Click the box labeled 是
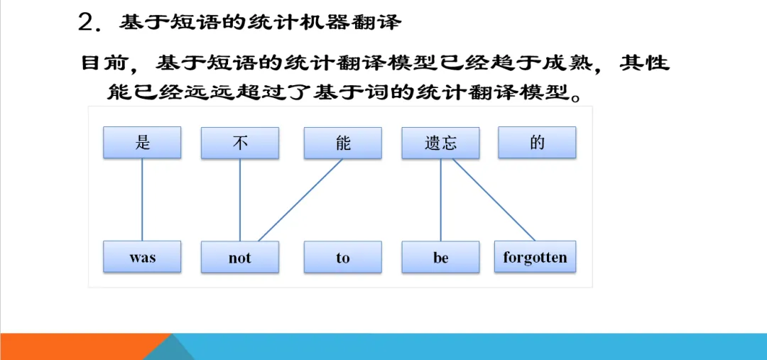coord(142,143)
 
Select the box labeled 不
coord(240,143)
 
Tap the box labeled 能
coord(343,143)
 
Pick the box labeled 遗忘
coord(440,143)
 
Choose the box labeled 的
coord(537,143)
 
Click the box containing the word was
coord(142,257)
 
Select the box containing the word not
coord(240,257)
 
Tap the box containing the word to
coord(343,257)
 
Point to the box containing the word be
coord(440,257)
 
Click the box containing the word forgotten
coord(535,257)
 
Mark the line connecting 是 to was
coord(142,200)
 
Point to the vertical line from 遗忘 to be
coord(441,200)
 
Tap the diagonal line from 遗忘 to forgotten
coord(494,200)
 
